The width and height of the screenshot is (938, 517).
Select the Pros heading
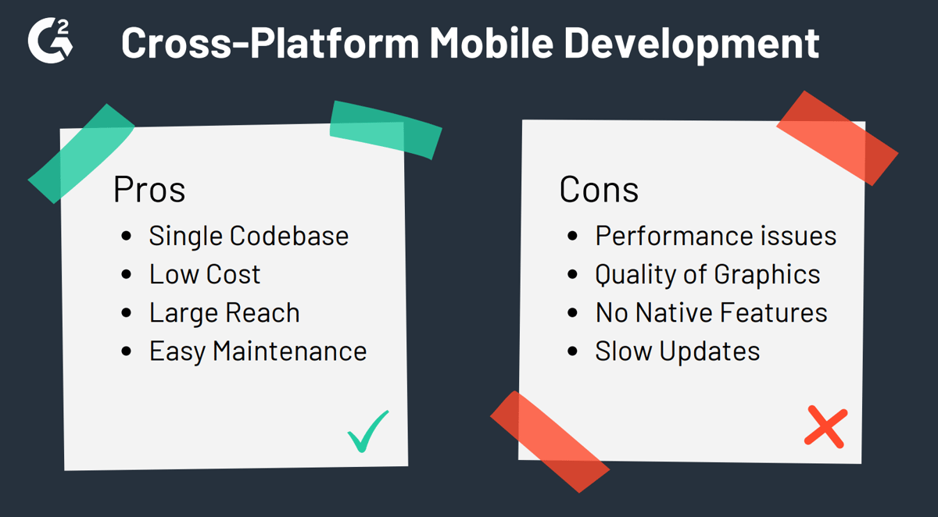[x=149, y=191]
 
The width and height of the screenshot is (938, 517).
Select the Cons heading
[x=599, y=191]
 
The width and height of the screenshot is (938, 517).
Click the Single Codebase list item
[x=249, y=236]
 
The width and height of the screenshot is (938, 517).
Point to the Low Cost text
[x=205, y=274]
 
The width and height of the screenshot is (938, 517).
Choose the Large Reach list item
[x=224, y=312]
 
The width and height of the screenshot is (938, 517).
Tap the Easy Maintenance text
[x=258, y=351]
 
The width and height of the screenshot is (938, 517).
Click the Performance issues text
[x=715, y=236]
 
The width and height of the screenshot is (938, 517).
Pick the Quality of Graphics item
[x=707, y=274]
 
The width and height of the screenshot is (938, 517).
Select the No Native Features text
[x=711, y=312]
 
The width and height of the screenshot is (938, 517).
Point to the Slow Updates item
[x=677, y=351]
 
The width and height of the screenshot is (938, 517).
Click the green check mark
[x=368, y=431]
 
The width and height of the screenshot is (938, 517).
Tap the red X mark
[x=825, y=426]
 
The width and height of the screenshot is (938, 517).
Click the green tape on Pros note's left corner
[x=81, y=152]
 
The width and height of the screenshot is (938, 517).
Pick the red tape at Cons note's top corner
[x=837, y=137]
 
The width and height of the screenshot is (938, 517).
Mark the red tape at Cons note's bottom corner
[x=549, y=440]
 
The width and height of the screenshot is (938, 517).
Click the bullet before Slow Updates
[x=574, y=351]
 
